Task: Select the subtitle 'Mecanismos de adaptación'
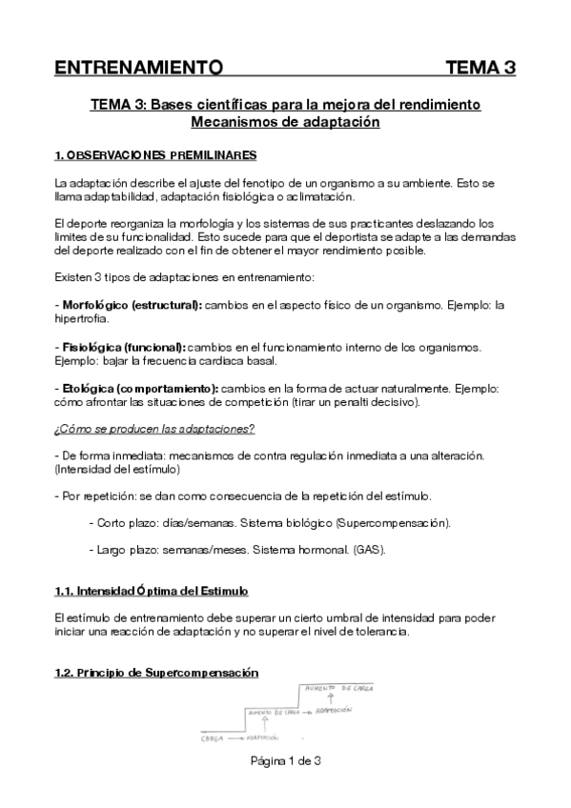click(x=285, y=122)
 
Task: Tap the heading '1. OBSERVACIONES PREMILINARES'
click(x=155, y=154)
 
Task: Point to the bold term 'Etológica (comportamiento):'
click(x=136, y=389)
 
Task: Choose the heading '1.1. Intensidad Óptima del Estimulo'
click(x=152, y=591)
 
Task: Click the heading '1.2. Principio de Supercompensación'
click(x=156, y=673)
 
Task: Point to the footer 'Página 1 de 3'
click(x=285, y=760)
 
